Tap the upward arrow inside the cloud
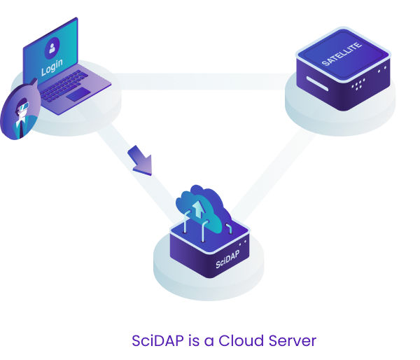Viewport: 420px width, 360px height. (x=202, y=208)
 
